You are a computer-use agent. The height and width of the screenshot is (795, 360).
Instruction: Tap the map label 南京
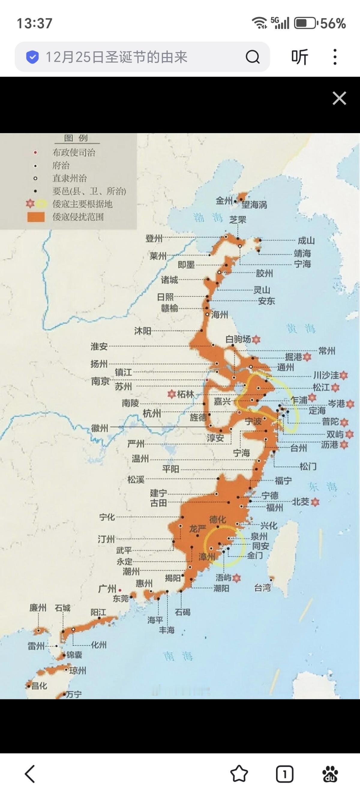100,381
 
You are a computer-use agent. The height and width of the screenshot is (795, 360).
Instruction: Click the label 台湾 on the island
262,588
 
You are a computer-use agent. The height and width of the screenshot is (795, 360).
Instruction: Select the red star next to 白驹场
256,340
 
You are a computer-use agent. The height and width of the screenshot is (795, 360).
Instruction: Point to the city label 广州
107,588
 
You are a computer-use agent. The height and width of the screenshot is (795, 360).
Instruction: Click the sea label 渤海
208,218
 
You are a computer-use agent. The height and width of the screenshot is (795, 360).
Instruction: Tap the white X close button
339,98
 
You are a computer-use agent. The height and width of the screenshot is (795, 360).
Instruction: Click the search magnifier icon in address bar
252,57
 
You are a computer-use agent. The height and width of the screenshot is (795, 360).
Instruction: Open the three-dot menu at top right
335,57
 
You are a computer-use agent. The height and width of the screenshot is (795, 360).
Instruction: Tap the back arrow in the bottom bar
30,774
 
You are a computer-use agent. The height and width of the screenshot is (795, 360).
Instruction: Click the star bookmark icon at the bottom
239,774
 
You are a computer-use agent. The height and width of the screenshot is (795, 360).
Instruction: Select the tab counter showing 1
284,774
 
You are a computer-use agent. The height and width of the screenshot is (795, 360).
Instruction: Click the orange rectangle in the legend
36,217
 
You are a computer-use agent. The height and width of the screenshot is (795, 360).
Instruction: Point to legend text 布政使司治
74,153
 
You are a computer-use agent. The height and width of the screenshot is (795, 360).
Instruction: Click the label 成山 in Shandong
306,240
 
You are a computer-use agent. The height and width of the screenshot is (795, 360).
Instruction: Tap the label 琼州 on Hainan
77,671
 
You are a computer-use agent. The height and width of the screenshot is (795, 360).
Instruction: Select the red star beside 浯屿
236,578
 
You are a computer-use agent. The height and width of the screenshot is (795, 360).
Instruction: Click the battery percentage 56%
333,23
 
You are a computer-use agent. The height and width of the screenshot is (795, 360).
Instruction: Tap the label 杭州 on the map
151,414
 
